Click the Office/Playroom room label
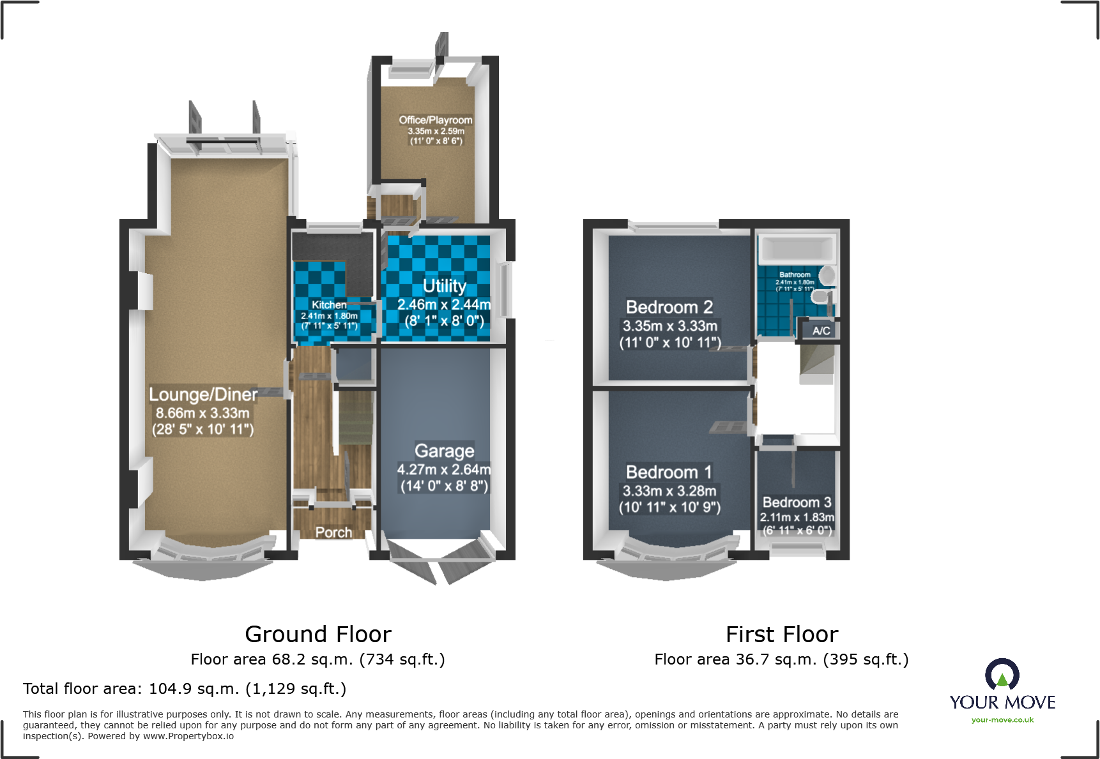(x=436, y=120)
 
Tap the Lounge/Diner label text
(x=203, y=395)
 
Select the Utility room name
(x=445, y=286)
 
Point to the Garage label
(x=445, y=451)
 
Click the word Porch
(x=333, y=532)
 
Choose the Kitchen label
(x=329, y=305)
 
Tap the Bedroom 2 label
(x=669, y=307)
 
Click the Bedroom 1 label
(x=669, y=472)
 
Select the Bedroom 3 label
(x=797, y=502)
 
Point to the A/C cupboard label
(x=821, y=331)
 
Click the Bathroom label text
(x=795, y=274)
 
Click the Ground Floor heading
(x=318, y=635)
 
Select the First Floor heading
(x=782, y=635)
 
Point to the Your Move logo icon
(x=1002, y=675)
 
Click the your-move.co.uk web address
(x=1002, y=720)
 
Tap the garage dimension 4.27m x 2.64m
(x=445, y=470)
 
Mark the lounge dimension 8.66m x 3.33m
(x=202, y=413)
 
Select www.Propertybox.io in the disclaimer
(x=188, y=736)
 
